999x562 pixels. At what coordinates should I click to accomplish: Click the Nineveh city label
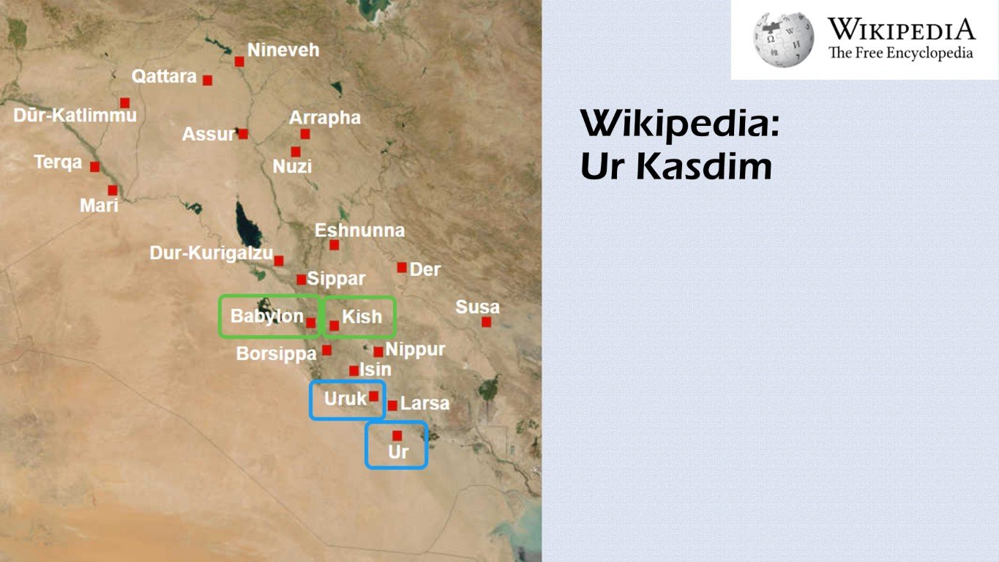click(283, 50)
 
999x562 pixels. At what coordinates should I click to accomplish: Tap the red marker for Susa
click(486, 321)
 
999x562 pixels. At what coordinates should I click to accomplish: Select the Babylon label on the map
click(267, 316)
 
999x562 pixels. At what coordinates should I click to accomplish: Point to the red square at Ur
click(397, 435)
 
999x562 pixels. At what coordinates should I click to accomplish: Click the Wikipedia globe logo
click(783, 40)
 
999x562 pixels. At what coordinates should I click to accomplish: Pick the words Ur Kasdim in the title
click(676, 167)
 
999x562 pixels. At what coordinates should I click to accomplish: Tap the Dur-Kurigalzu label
click(211, 253)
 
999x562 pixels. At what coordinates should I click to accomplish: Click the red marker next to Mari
click(113, 190)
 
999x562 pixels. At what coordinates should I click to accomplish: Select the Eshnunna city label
click(359, 231)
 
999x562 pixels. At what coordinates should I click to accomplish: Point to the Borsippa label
click(276, 354)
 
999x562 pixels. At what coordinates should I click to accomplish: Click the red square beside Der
click(402, 267)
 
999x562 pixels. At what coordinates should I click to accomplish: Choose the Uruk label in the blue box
click(345, 400)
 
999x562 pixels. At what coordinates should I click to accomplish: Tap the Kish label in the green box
click(362, 316)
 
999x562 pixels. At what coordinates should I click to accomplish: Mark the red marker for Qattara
click(208, 80)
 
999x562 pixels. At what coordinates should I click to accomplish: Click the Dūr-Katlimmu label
click(75, 116)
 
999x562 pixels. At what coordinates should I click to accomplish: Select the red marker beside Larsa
click(392, 405)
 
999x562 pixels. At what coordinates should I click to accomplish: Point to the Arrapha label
click(325, 118)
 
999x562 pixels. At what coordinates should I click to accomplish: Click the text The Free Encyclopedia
click(900, 53)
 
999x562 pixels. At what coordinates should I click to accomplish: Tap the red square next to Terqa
click(94, 166)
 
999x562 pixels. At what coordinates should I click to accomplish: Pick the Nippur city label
click(415, 350)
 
